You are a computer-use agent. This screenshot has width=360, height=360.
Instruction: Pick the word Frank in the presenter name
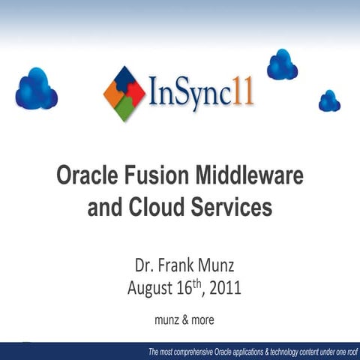pyautogui.click(x=178, y=265)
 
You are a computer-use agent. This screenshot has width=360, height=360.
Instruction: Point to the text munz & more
pyautogui.click(x=184, y=319)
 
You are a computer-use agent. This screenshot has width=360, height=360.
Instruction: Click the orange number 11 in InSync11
pyautogui.click(x=241, y=93)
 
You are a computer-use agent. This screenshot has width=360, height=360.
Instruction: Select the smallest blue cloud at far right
pyautogui.click(x=329, y=101)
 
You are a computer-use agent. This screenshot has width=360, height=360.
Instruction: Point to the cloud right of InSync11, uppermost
pyautogui.click(x=282, y=65)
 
